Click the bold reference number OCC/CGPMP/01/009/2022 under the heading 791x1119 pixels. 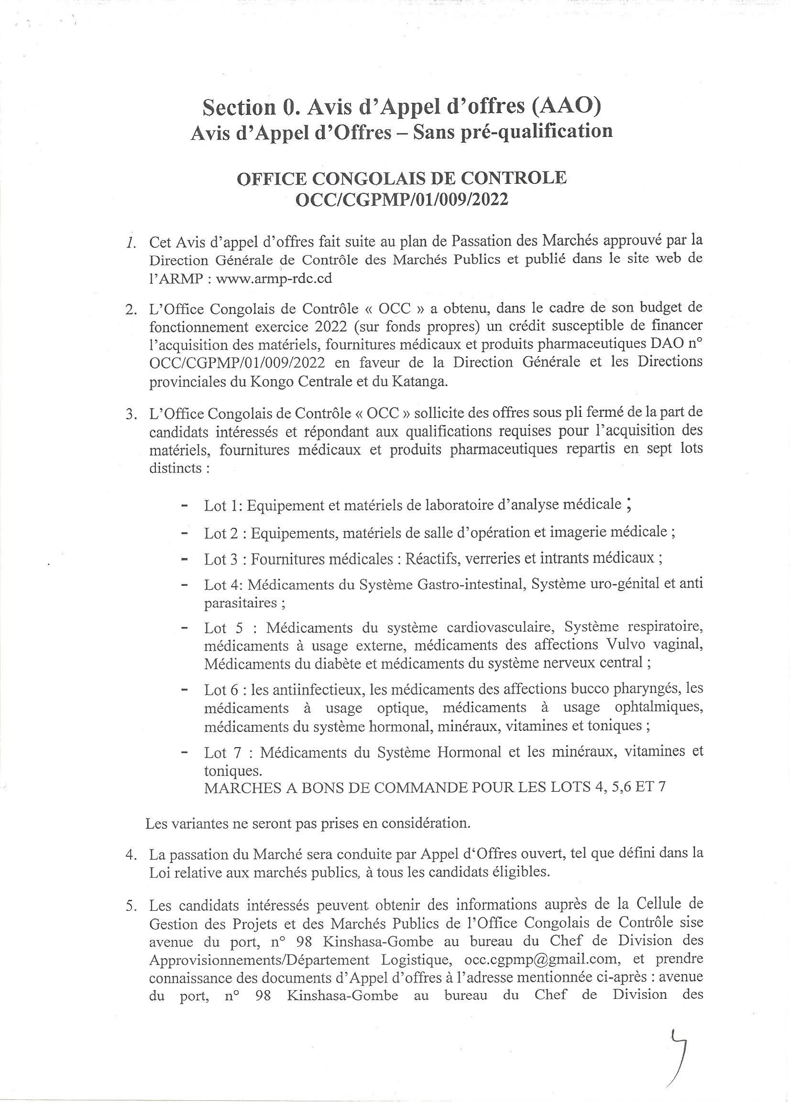point(402,200)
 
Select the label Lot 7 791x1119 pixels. point(223,753)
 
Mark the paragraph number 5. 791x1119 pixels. point(131,906)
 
